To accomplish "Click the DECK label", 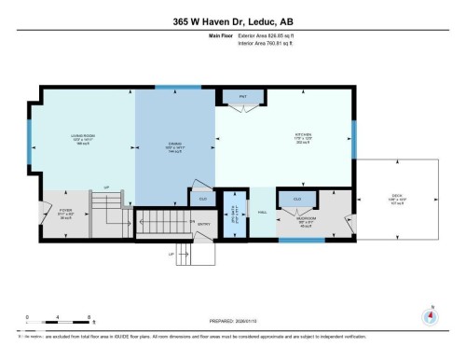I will [396, 196].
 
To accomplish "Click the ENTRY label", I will [204, 224].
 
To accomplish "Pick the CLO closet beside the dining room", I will [202, 198].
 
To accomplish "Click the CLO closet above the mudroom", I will [297, 199].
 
